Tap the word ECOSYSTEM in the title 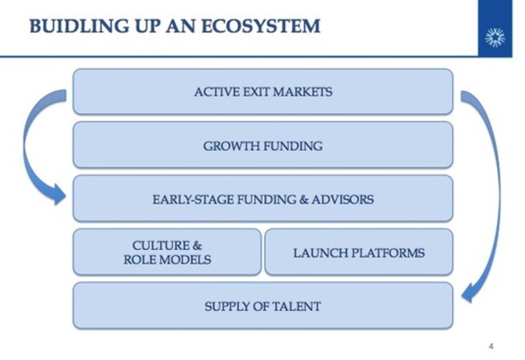tap(265, 27)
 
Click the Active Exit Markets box tap(262, 92)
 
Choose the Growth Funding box tap(262, 146)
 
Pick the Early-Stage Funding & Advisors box tap(262, 199)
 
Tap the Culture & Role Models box tap(167, 252)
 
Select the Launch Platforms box tap(359, 252)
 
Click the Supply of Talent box tap(262, 305)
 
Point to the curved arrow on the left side tap(28, 140)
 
